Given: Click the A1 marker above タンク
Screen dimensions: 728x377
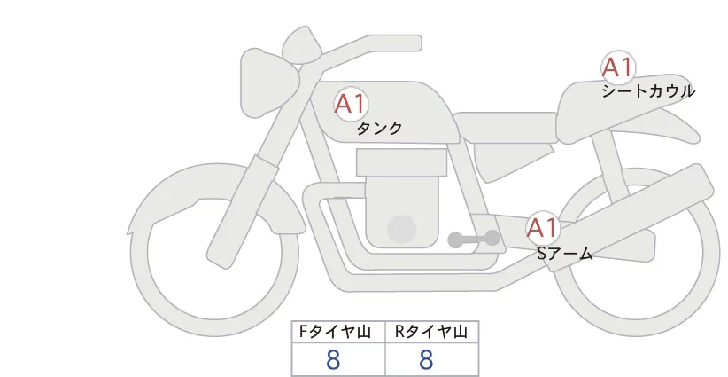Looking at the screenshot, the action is tap(351, 104).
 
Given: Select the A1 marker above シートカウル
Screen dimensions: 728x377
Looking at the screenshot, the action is tap(617, 67).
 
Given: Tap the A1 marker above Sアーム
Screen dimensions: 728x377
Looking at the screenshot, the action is tap(542, 228).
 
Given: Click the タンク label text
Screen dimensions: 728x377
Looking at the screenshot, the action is tap(379, 129).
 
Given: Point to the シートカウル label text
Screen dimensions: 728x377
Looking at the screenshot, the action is tap(648, 91).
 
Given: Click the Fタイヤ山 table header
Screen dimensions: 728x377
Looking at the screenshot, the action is tap(338, 332).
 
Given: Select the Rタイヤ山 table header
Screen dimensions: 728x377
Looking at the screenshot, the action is tap(431, 332).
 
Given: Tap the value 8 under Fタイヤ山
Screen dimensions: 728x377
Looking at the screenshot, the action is tap(333, 359).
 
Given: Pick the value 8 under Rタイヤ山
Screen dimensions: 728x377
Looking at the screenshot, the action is tap(426, 359).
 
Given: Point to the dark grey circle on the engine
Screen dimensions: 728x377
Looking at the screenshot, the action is tap(402, 229).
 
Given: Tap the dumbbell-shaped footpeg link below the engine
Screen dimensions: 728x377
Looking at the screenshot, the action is tap(474, 240).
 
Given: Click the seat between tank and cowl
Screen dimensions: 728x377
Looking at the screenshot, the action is tap(505, 126).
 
